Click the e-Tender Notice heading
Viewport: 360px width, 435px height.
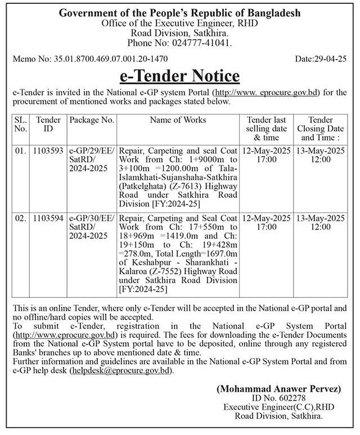[180, 75]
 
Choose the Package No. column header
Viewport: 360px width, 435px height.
[92, 120]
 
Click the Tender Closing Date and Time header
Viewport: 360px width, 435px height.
[321, 128]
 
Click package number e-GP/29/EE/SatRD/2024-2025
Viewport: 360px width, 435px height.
[92, 160]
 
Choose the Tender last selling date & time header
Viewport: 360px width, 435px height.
[266, 128]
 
